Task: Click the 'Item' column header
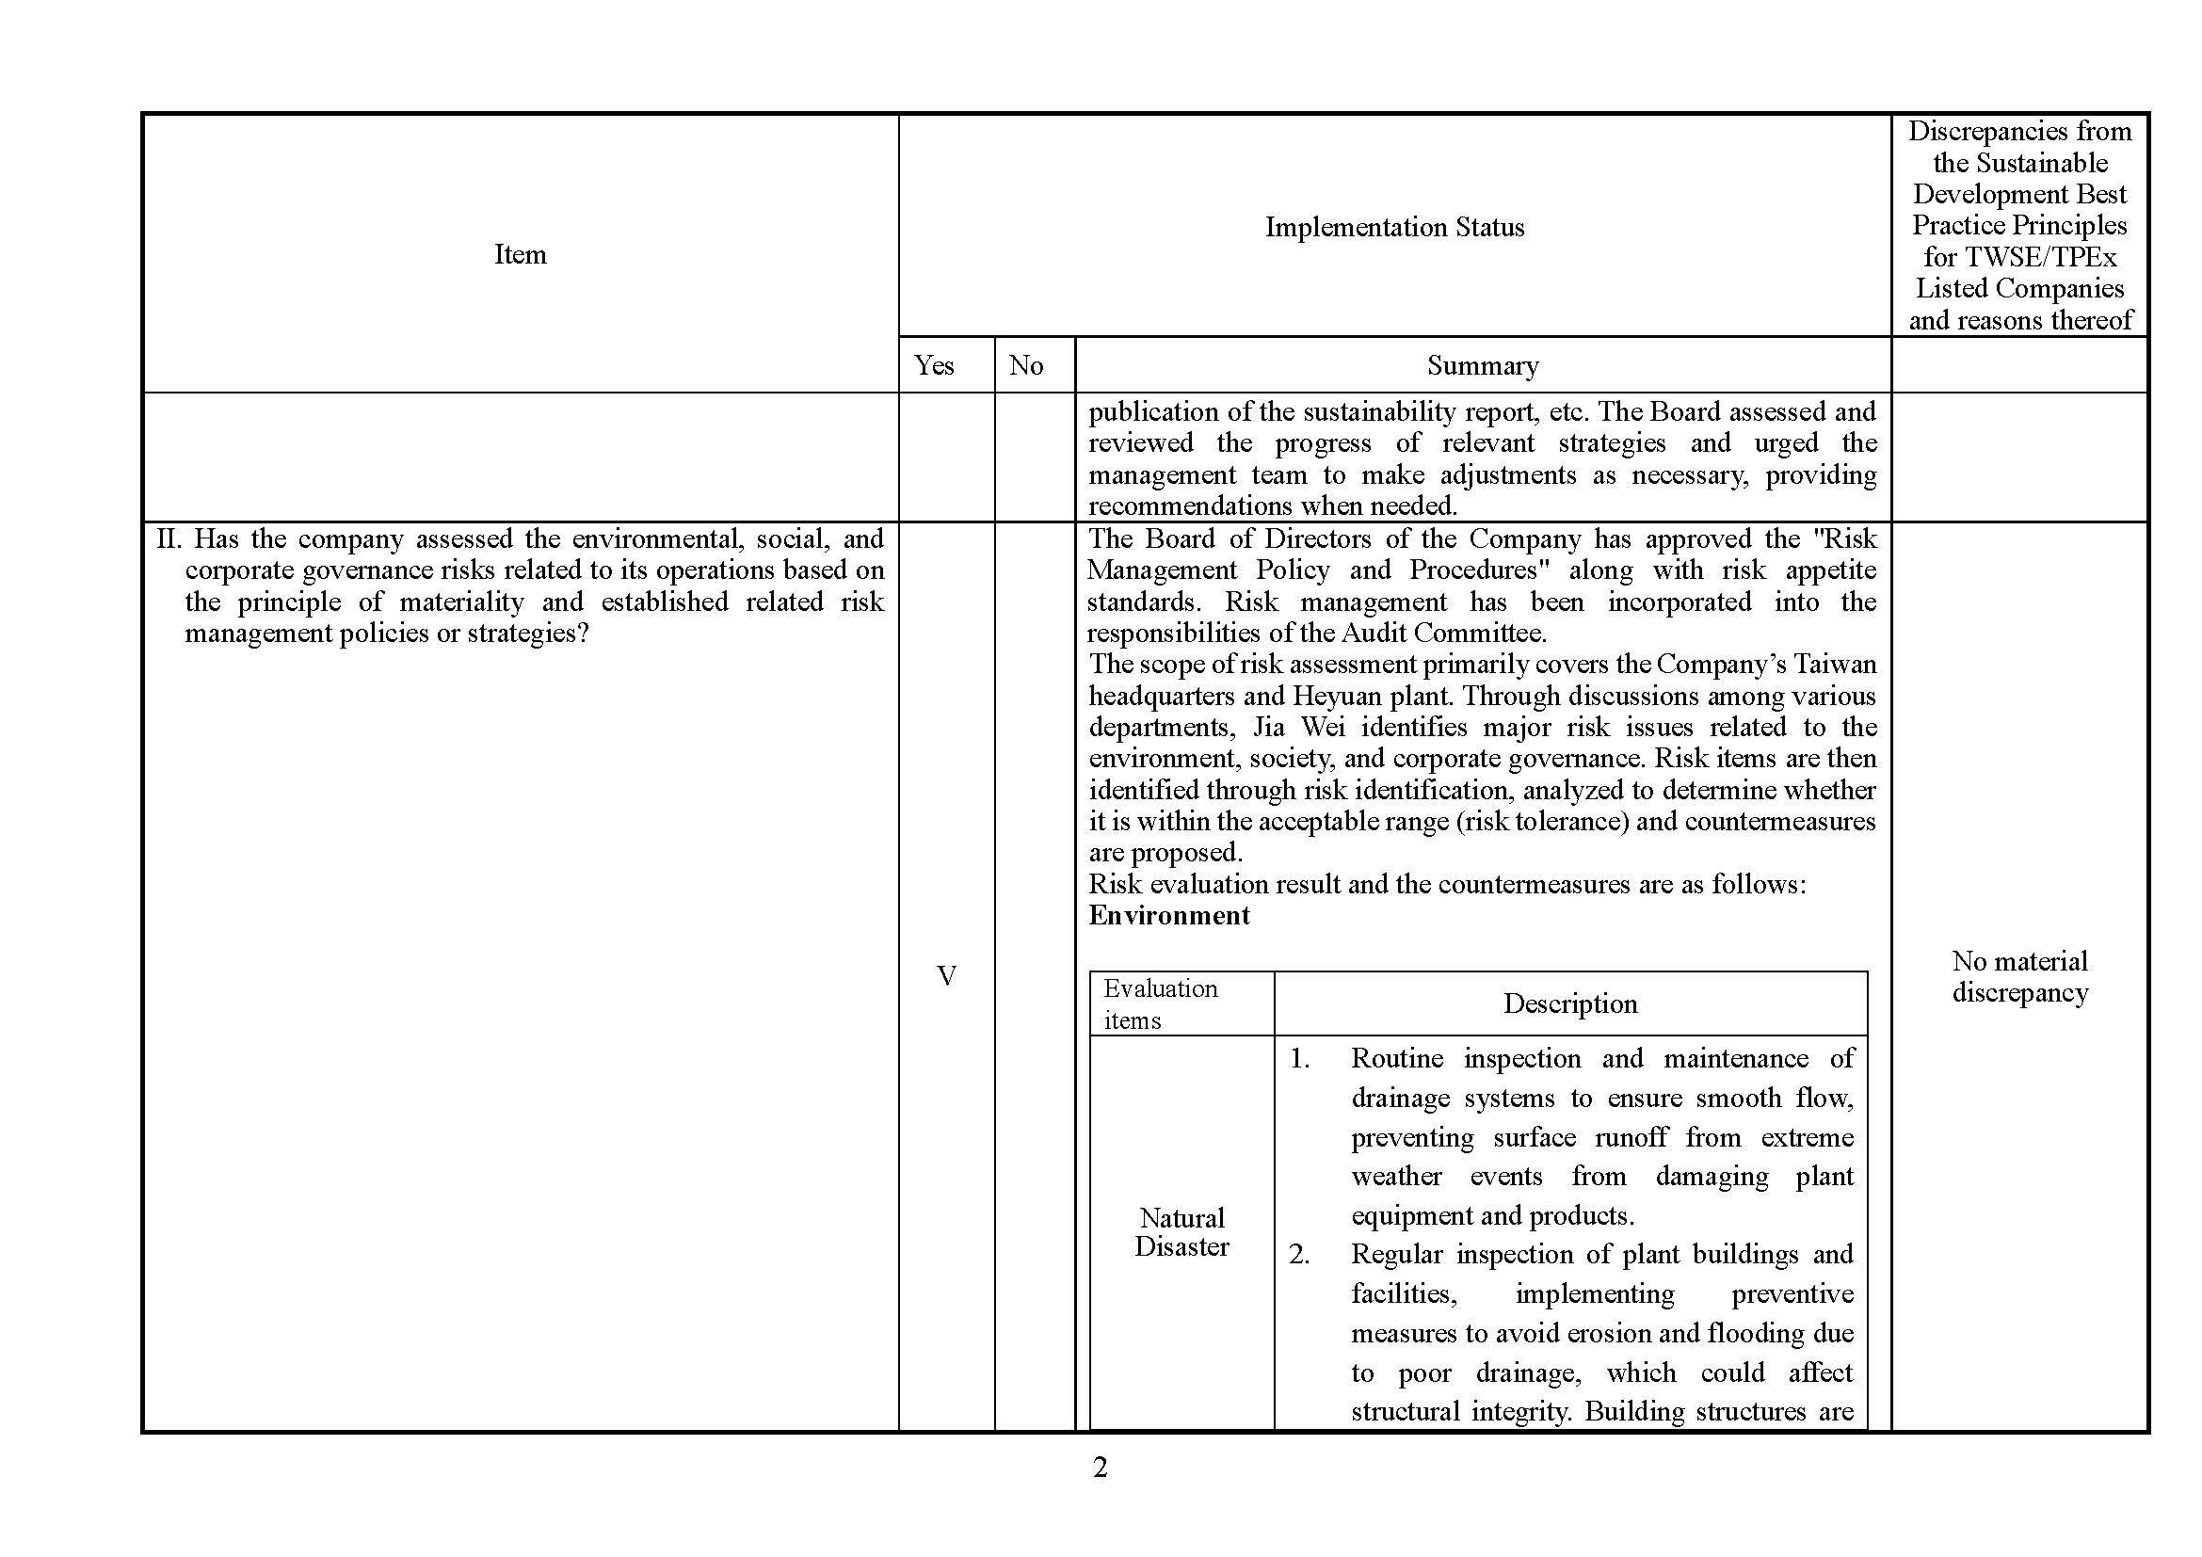click(520, 254)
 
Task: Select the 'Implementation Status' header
click(1393, 227)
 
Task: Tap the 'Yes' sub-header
click(933, 365)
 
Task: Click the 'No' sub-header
click(1025, 365)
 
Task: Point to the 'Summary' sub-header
click(1482, 365)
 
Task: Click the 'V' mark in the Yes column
click(945, 976)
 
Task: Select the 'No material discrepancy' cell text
click(2018, 976)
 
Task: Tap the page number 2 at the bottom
click(1100, 1467)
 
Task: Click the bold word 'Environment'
click(1168, 916)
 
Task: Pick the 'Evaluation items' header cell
click(1161, 1003)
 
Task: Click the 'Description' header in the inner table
click(1570, 1003)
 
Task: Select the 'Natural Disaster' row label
click(1181, 1232)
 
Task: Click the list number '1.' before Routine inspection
click(1299, 1058)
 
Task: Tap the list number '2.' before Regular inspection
click(1299, 1254)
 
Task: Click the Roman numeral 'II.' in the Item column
click(169, 538)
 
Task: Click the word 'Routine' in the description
click(1396, 1058)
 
